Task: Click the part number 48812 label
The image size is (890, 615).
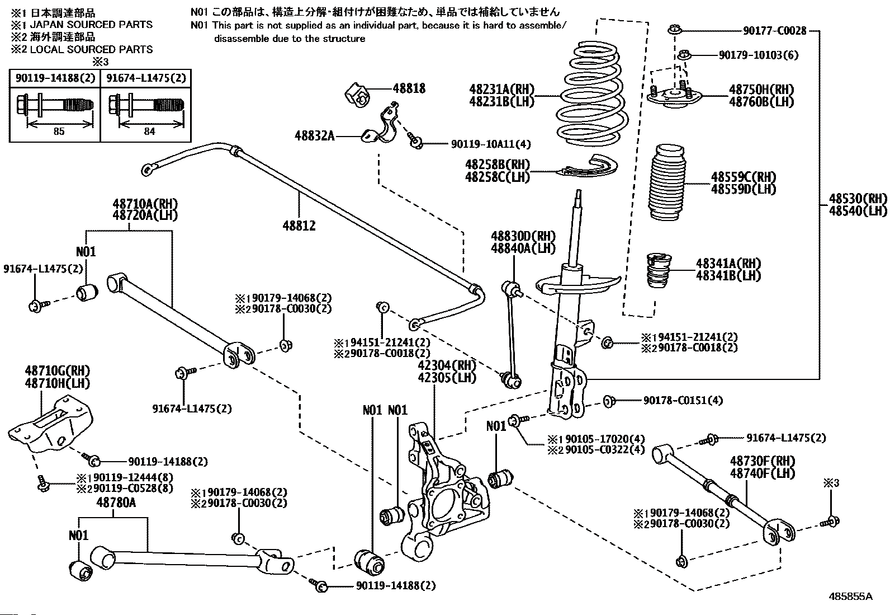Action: point(299,226)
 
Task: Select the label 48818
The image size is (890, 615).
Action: point(409,88)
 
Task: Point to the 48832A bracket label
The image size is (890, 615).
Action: point(315,135)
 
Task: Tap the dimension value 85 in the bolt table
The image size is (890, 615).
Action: point(59,132)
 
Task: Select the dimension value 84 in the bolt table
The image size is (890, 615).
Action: point(149,132)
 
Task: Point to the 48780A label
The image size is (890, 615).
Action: point(116,503)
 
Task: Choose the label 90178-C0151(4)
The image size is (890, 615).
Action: point(683,400)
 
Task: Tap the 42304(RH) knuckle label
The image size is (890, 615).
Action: point(447,365)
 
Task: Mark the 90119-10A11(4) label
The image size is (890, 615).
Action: point(491,144)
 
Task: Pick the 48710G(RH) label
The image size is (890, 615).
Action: point(58,371)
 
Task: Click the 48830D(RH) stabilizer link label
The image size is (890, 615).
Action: point(523,236)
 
